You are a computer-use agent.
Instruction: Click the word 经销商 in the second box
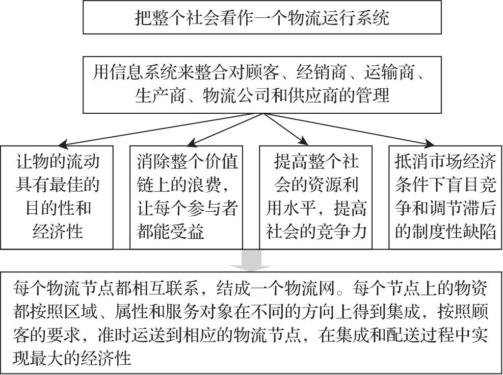321,72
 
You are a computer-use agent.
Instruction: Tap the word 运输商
389,72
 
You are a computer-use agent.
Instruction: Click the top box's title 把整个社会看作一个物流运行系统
262,18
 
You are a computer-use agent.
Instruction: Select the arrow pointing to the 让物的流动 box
161,130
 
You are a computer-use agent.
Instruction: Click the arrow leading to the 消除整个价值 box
225,130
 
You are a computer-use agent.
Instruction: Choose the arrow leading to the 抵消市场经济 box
349,130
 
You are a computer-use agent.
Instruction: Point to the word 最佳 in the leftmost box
66,185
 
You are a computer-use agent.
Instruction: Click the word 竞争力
341,231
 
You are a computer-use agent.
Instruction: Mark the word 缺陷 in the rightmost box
479,231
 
